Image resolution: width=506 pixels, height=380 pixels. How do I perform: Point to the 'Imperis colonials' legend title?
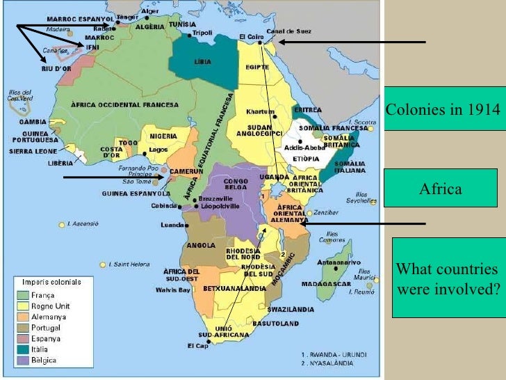click(51, 282)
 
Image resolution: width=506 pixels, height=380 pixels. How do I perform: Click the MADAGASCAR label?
click(325, 283)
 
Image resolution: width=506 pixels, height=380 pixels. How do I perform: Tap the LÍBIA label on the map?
click(202, 62)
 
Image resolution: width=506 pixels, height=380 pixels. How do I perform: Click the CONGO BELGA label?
click(233, 182)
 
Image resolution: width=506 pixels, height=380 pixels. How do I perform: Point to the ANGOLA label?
click(201, 244)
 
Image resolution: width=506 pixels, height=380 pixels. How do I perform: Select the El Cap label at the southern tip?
click(197, 345)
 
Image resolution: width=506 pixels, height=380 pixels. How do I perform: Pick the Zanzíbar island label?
click(325, 212)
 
